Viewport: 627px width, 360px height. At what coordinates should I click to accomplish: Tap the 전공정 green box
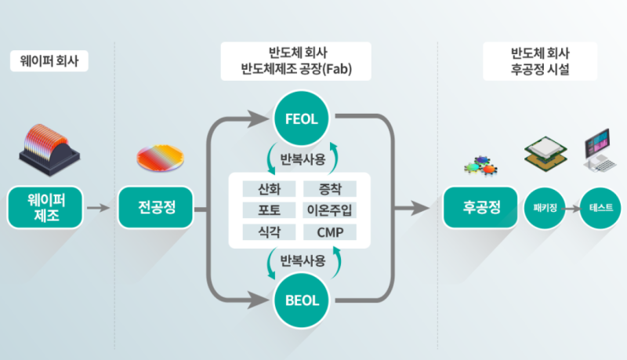[154, 208]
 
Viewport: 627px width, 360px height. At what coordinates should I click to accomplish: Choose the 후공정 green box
[480, 208]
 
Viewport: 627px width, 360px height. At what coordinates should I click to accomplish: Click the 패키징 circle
[544, 209]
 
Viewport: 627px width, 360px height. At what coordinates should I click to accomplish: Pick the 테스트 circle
[601, 209]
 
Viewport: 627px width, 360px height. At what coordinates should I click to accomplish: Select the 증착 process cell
[329, 189]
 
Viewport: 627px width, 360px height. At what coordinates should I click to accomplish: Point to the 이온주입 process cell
[329, 210]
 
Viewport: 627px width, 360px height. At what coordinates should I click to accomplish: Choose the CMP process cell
[329, 232]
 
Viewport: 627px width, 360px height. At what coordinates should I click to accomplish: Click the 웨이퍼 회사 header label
[49, 61]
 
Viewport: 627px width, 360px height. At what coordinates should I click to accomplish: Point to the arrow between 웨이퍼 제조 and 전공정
[98, 209]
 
